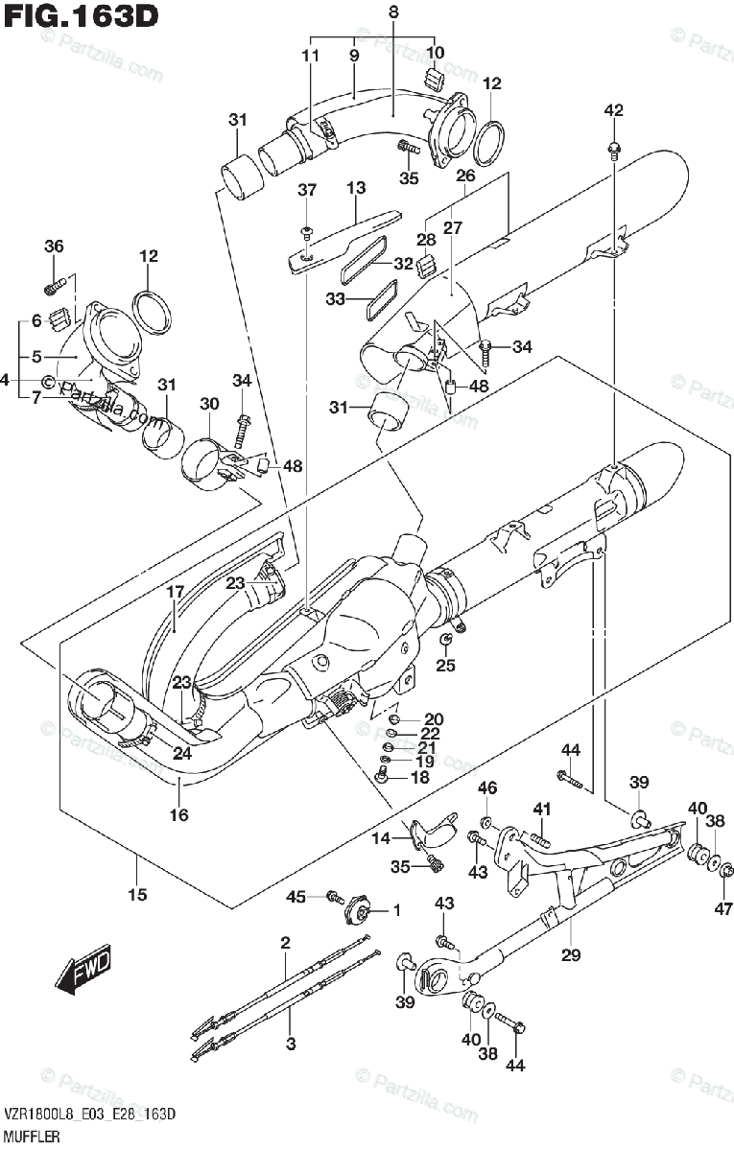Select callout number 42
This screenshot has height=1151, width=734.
(613, 111)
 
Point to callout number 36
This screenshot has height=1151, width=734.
(54, 247)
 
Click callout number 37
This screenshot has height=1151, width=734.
(306, 191)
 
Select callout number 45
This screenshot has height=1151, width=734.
(297, 896)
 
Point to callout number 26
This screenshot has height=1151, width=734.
(465, 176)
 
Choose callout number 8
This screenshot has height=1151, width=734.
(393, 12)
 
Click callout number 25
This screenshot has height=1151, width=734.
(446, 666)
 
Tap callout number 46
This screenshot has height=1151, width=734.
(487, 788)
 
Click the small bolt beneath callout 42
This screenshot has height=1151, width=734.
(614, 148)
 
